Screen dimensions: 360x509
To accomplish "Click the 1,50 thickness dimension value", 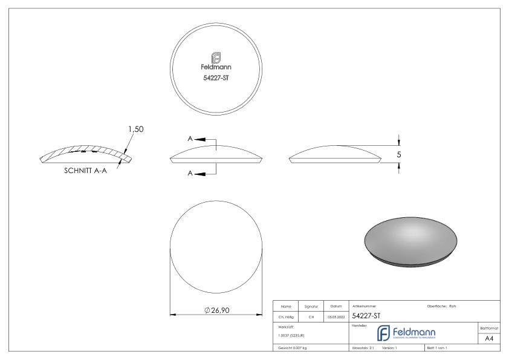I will (x=136, y=129).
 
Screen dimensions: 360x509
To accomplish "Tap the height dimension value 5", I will (x=399, y=154).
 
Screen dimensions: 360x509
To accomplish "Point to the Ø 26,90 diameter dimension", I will (x=216, y=310).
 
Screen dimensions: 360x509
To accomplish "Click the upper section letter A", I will (x=191, y=139).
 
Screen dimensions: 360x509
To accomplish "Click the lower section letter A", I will (x=191, y=173).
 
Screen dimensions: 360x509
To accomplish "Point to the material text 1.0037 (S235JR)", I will (x=293, y=335).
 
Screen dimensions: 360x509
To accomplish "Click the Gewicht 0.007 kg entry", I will (x=294, y=348).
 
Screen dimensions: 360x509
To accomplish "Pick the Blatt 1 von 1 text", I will (x=439, y=348).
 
